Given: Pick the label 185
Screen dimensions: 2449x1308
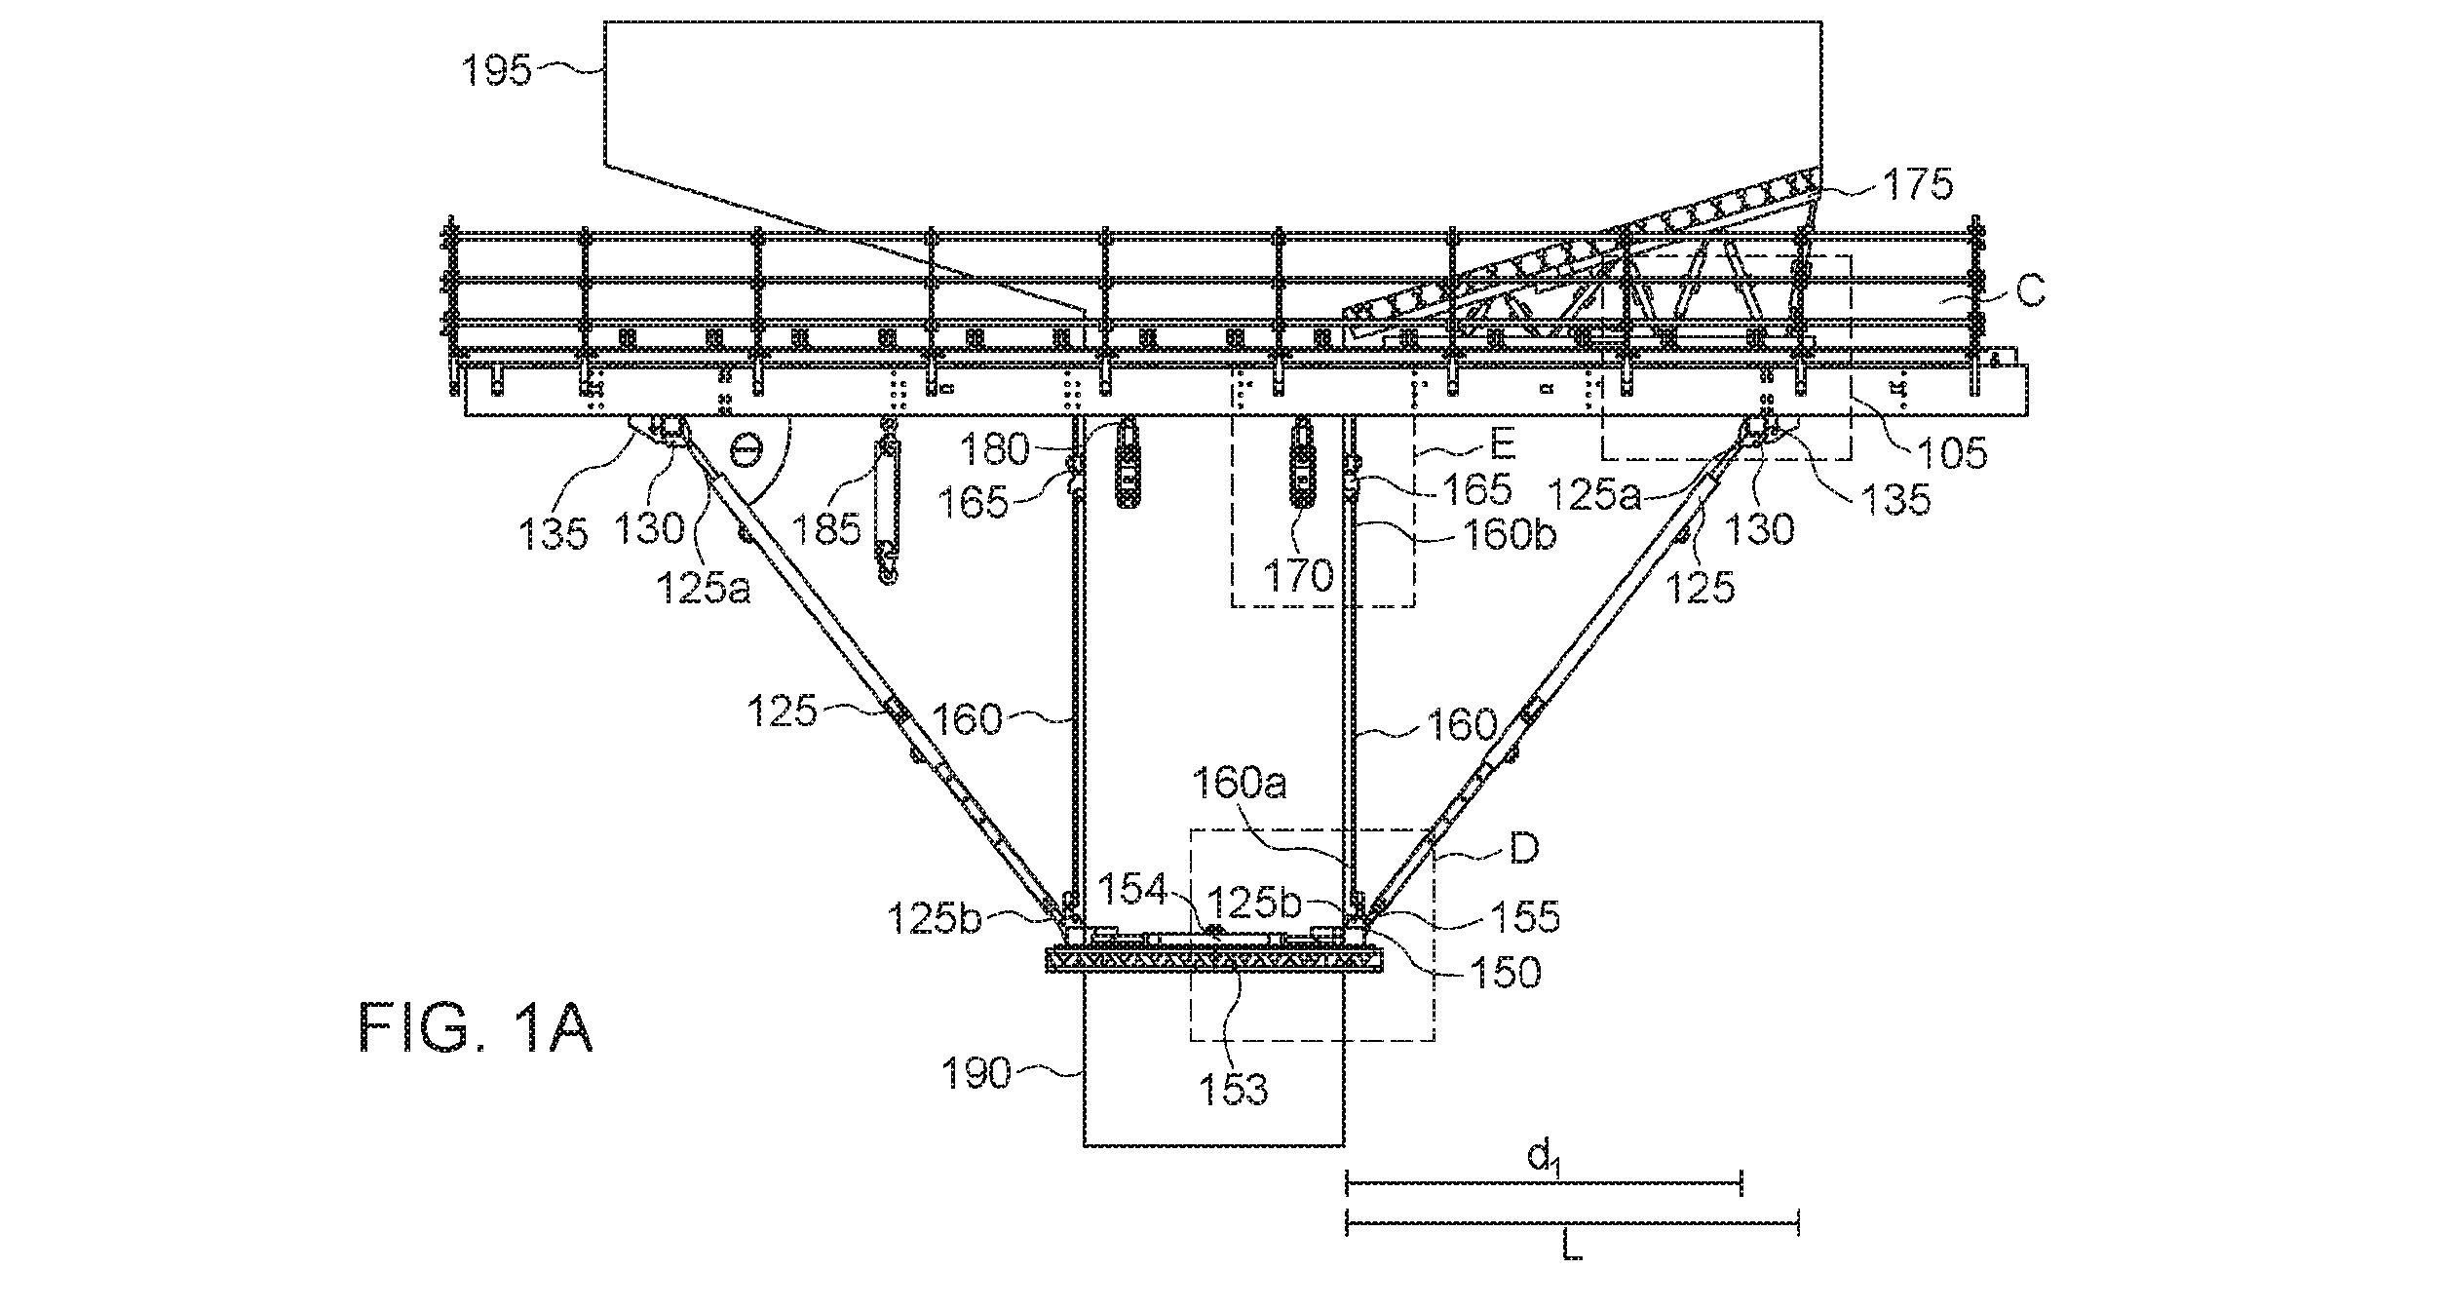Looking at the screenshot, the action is pyautogui.click(x=826, y=528).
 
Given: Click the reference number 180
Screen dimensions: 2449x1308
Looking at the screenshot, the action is pyautogui.click(x=993, y=449).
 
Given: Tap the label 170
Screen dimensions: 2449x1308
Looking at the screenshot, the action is pyautogui.click(x=1296, y=575).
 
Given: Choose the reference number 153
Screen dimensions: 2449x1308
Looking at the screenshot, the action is pyautogui.click(x=1233, y=1088).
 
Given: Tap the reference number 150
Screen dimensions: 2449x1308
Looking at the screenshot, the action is pyautogui.click(x=1505, y=972).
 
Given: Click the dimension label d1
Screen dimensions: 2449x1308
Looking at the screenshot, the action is pyautogui.click(x=1543, y=1157).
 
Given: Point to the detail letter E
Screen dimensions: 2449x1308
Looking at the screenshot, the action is pyautogui.click(x=1502, y=445).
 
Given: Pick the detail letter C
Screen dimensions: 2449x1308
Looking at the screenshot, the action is pyautogui.click(x=2030, y=291).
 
